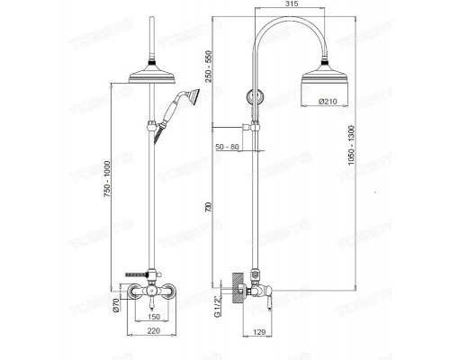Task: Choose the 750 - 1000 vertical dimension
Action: (109, 193)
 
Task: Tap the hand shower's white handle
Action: (169, 114)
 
